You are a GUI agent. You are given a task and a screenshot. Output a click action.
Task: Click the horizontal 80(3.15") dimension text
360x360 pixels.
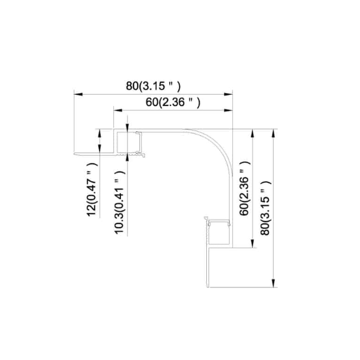pyautogui.click(x=153, y=86)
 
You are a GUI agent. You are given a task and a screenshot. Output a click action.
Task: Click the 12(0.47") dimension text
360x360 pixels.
pyautogui.click(x=91, y=194)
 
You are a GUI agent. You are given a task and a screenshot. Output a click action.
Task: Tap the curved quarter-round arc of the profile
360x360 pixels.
pyautogui.click(x=218, y=143)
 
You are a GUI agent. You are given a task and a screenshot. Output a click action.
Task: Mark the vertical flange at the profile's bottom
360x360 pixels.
pyautogui.click(x=209, y=268)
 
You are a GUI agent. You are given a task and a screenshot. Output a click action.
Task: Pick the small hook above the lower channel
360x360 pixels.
pyautogui.click(x=206, y=219)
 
